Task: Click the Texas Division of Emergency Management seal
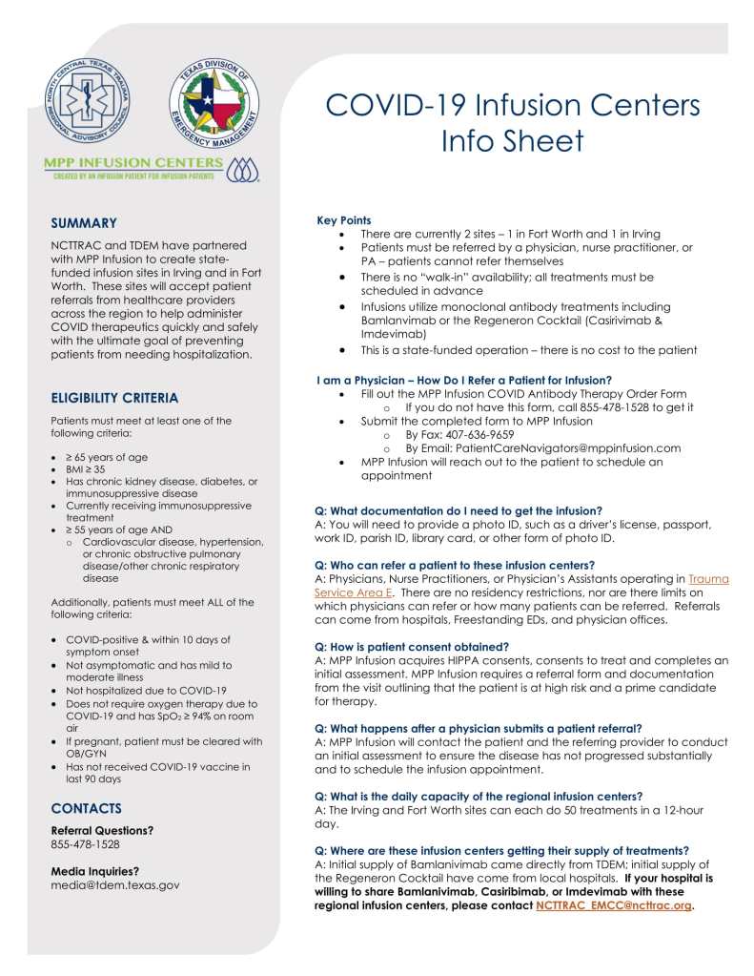coord(214,108)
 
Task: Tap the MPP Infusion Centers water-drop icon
coord(244,168)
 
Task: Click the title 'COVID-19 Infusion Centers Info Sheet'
coord(513,122)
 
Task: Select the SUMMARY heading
coord(84,223)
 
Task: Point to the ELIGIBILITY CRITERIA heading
coord(114,398)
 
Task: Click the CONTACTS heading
coord(87,808)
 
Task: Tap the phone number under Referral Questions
coord(86,844)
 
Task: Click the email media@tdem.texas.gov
coord(115,884)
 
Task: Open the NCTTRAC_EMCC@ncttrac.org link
coord(614,905)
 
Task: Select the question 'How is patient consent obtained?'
coord(412,647)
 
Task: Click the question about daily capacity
coord(479,796)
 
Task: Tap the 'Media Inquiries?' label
coord(95,870)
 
